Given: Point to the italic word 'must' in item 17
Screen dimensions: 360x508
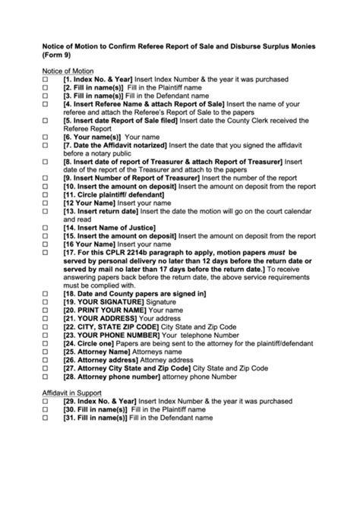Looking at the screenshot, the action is tap(274, 252).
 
